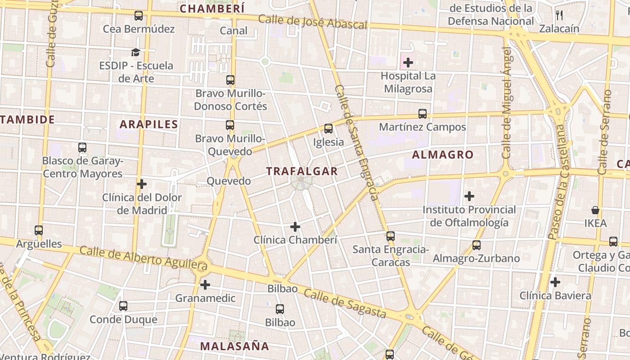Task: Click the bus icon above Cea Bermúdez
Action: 139,16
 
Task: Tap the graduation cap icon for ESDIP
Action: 136,52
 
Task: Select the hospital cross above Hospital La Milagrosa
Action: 408,63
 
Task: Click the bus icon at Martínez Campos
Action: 422,114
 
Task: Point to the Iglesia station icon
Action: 328,129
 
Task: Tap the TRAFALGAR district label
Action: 301,171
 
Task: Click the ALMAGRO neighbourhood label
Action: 443,155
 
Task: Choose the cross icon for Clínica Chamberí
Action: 295,227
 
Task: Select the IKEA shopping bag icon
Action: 595,210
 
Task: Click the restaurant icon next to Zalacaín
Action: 559,15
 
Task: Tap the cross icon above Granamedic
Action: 205,285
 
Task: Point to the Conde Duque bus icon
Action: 123,306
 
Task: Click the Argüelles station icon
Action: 39,230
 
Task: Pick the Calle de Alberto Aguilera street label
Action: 143,258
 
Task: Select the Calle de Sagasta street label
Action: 345,304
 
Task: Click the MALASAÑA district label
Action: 234,346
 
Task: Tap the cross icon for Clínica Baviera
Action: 555,282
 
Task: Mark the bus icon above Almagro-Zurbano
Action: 476,245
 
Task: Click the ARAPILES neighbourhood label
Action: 149,124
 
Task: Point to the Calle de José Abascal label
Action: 313,22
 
